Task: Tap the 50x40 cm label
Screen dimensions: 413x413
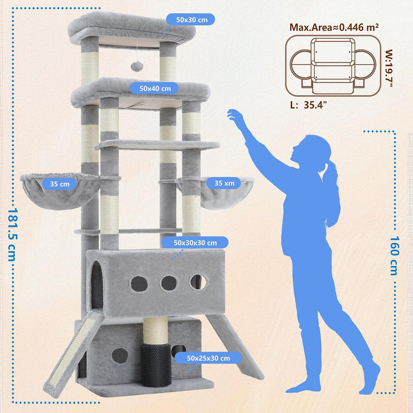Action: point(154,88)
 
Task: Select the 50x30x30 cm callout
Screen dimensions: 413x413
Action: point(195,243)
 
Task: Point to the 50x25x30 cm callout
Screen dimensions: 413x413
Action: point(208,358)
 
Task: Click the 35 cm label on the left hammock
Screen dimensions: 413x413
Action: point(59,184)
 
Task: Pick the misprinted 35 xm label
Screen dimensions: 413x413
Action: point(224,183)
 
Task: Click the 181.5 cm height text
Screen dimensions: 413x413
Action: point(13,235)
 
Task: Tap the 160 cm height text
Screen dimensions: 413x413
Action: point(394,255)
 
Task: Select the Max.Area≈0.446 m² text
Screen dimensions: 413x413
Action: point(334,27)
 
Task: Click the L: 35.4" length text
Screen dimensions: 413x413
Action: point(309,105)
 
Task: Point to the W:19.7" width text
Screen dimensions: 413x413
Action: point(389,68)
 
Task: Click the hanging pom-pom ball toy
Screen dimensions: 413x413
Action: point(137,66)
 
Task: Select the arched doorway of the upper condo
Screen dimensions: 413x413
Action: point(97,285)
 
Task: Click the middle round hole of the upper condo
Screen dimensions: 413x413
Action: point(169,283)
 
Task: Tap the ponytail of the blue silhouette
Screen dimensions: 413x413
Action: point(332,192)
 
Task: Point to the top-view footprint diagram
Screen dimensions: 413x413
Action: point(333,66)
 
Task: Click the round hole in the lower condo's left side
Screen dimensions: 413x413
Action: point(119,355)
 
